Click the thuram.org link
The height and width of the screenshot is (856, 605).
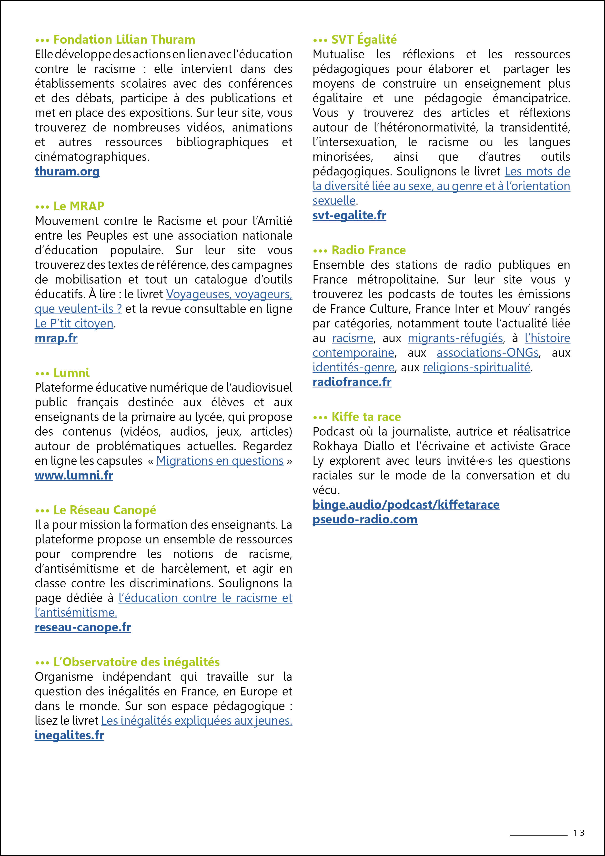point(67,172)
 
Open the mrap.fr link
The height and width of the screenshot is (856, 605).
point(56,338)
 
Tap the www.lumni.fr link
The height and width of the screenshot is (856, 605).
point(74,475)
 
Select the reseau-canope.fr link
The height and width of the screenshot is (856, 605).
point(83,627)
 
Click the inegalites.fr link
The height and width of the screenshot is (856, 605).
point(69,735)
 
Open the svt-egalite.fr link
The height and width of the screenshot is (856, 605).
point(349,215)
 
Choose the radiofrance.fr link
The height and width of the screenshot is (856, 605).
point(352,382)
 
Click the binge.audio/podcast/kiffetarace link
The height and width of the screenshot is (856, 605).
point(406,505)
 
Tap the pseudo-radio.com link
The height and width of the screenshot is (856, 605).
point(365,519)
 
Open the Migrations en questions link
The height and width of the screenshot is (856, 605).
point(220,461)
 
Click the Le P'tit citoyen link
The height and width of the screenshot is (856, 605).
point(74,324)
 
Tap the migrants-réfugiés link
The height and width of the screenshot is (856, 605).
point(455,338)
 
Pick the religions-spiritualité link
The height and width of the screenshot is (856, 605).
point(476,367)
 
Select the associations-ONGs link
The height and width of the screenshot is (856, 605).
point(488,353)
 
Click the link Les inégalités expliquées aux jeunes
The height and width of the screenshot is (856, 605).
point(196,721)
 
